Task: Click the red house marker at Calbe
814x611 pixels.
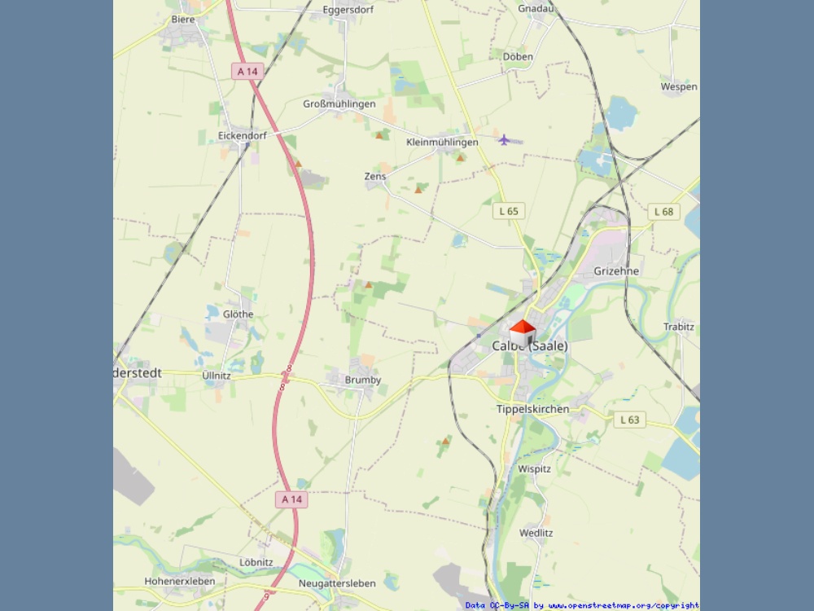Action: tap(523, 332)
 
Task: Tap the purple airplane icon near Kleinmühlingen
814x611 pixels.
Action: tap(504, 140)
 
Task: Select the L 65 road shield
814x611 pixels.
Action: tap(509, 211)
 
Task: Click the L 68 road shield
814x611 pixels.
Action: tap(664, 212)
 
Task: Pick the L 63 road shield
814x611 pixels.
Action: tap(629, 420)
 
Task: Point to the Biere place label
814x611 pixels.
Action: tap(183, 19)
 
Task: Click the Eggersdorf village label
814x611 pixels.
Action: tap(347, 11)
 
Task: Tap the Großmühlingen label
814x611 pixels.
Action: tap(339, 104)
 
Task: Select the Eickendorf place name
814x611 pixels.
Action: tap(243, 135)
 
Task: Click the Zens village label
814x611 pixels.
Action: tap(375, 176)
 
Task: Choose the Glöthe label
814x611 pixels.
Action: tap(239, 314)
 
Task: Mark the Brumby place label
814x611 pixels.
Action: tap(363, 380)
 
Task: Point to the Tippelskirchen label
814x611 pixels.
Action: tap(533, 409)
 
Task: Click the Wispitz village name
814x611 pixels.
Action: tap(535, 469)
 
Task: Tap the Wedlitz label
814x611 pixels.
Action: tap(536, 533)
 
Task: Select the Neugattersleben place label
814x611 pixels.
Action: tap(337, 583)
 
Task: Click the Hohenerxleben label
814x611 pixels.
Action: tap(180, 582)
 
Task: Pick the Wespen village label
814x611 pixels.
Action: tap(679, 86)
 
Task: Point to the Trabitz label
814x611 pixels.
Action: tap(679, 327)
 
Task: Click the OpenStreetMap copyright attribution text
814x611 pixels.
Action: tap(581, 605)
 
